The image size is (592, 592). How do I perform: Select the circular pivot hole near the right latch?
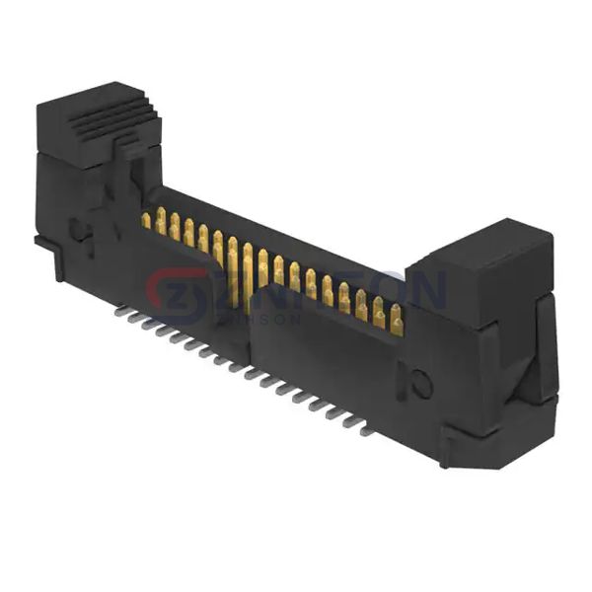click(422, 384)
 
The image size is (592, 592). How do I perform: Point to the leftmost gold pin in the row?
click(146, 219)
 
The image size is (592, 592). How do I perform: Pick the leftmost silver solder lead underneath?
click(119, 311)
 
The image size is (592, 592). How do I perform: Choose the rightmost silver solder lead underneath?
click(366, 430)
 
